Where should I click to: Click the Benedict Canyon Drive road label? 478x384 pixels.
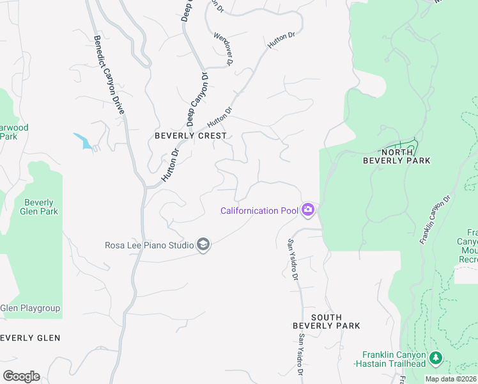109,75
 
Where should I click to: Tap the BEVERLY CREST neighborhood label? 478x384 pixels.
190,136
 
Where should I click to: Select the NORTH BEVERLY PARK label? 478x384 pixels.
397,156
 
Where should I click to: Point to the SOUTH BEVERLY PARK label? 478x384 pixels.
327,321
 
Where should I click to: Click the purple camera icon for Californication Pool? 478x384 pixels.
308,210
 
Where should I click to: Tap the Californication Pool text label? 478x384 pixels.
259,211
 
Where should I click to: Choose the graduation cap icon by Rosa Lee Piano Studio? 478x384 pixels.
203,244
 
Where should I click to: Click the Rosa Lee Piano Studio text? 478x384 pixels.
150,245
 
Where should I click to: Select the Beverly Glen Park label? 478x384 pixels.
38,207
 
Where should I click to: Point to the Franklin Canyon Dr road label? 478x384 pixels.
435,219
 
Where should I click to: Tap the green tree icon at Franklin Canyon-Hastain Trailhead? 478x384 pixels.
436,358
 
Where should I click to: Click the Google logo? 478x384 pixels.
21,376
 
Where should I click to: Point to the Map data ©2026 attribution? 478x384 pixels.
451,379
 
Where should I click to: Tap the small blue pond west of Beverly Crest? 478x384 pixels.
84,141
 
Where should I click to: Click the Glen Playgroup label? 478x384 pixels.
30,308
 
